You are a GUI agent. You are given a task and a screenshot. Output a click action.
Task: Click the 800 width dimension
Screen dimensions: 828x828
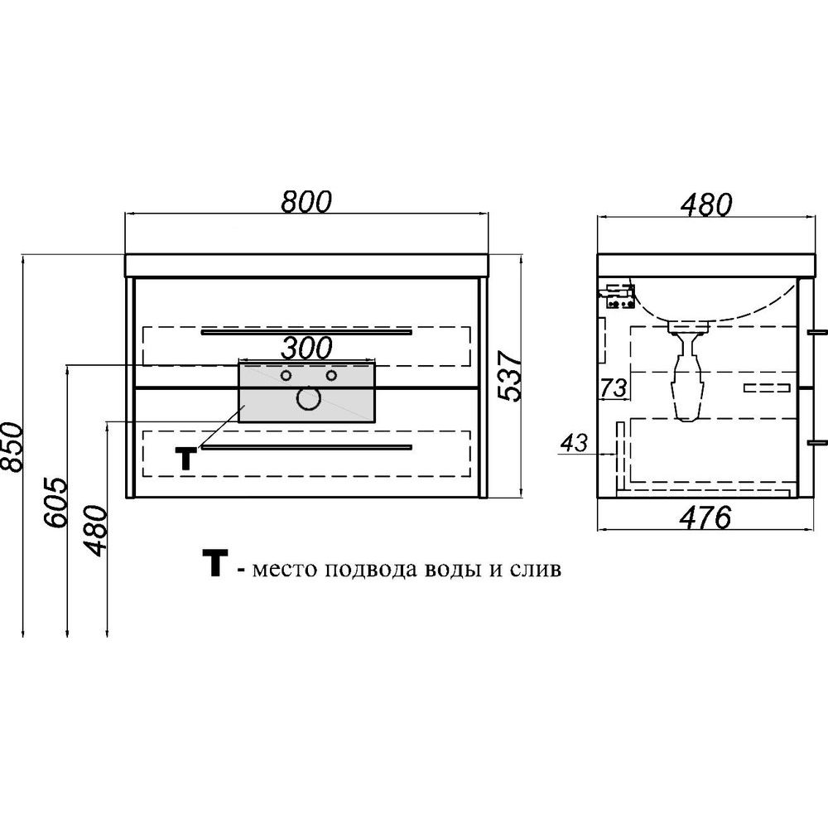coord(306,201)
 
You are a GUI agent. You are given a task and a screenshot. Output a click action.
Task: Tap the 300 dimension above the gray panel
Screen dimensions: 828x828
coord(306,348)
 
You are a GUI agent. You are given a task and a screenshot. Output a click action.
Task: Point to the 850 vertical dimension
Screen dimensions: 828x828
coord(12,446)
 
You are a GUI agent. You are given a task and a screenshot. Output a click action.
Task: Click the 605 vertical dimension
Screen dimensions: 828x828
coord(56,503)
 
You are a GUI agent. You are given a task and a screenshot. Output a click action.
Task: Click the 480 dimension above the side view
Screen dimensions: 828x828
coord(706,205)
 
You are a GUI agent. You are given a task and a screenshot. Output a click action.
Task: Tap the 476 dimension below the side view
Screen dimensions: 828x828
coord(705,517)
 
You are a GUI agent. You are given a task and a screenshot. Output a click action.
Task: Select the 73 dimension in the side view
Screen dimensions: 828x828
coord(614,388)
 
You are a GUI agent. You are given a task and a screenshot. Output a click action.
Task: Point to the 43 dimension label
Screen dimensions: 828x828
coord(574,442)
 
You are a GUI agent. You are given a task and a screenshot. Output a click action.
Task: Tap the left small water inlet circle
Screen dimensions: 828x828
coord(286,375)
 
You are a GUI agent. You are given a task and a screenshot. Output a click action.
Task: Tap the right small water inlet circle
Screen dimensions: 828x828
coord(331,375)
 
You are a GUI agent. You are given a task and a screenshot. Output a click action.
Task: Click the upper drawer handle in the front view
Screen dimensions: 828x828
coord(306,332)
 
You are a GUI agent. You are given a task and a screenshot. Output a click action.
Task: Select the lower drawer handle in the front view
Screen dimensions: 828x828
coord(306,448)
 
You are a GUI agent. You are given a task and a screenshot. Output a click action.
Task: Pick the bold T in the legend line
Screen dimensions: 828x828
coord(215,563)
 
